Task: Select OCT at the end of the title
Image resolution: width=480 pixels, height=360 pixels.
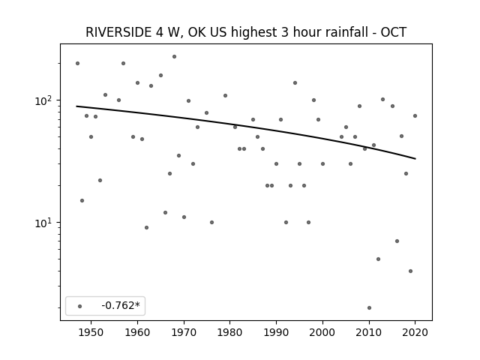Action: [x=393, y=32]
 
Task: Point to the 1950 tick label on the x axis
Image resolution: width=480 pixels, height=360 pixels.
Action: [x=91, y=332]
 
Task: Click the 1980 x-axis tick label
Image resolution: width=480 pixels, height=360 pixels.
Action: [x=230, y=332]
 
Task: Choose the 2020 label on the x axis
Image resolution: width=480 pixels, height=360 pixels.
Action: [x=415, y=332]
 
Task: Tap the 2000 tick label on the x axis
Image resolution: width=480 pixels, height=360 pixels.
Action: [x=322, y=332]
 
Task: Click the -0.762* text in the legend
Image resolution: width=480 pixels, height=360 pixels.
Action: [x=121, y=305]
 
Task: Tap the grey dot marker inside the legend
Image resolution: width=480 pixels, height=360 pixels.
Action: [x=80, y=306]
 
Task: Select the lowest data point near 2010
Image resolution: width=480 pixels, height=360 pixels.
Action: [x=369, y=307]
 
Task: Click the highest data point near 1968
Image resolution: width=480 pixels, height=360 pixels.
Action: [x=174, y=57]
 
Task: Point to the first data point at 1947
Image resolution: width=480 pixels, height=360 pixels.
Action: [x=77, y=63]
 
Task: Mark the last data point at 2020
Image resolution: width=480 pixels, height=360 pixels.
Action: [x=415, y=115]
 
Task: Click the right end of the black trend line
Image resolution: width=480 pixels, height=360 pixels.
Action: [x=415, y=158]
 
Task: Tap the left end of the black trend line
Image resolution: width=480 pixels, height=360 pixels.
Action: [x=76, y=106]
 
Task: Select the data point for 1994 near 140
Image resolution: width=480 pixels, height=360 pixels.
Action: [x=295, y=82]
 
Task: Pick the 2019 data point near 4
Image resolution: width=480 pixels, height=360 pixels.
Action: [x=410, y=271]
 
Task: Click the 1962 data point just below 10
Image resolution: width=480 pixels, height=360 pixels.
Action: [x=147, y=227]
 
